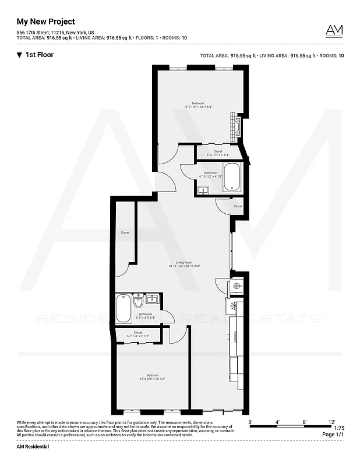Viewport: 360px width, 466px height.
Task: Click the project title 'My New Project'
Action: coord(45,22)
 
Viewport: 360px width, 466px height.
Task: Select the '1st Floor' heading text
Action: coord(40,55)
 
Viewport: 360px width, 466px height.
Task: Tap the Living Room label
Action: coord(184,262)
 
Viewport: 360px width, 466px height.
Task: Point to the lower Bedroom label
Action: coord(152,375)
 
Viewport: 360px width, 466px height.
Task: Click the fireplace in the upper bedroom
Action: coord(235,124)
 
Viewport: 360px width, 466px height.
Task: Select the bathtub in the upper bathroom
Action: coord(232,177)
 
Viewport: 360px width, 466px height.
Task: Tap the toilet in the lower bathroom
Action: coord(138,301)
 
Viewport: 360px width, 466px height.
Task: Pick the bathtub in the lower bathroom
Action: coord(123,308)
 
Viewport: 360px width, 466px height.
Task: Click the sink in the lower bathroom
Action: coord(152,299)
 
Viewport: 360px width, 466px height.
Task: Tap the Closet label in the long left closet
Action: coord(125,232)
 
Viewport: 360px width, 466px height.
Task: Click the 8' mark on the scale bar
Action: coord(303,421)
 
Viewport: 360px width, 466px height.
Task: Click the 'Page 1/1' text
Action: coord(332,435)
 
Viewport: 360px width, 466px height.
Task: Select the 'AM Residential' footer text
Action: coord(33,446)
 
